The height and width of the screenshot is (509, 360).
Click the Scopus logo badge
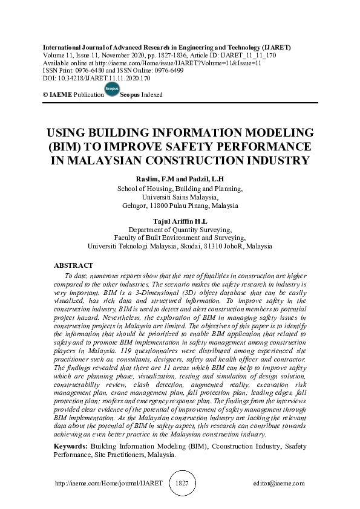(112, 89)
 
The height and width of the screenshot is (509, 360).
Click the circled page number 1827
(182, 484)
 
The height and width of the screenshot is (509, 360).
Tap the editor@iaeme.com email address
(279, 484)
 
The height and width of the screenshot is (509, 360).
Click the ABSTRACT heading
(73, 265)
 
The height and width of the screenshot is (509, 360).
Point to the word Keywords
(70, 446)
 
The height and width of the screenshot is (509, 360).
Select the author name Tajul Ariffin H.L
(180, 222)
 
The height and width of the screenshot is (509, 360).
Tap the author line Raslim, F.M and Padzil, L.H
(180, 180)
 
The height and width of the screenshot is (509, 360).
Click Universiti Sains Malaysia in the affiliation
(180, 197)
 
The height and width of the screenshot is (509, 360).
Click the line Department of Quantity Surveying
(180, 230)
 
